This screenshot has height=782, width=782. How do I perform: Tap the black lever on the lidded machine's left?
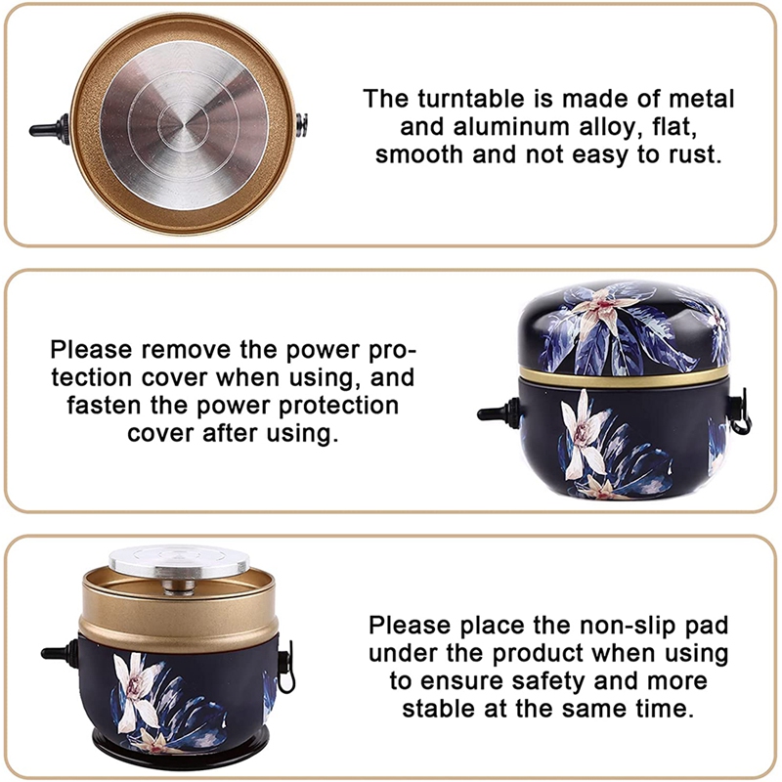pos(495,413)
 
